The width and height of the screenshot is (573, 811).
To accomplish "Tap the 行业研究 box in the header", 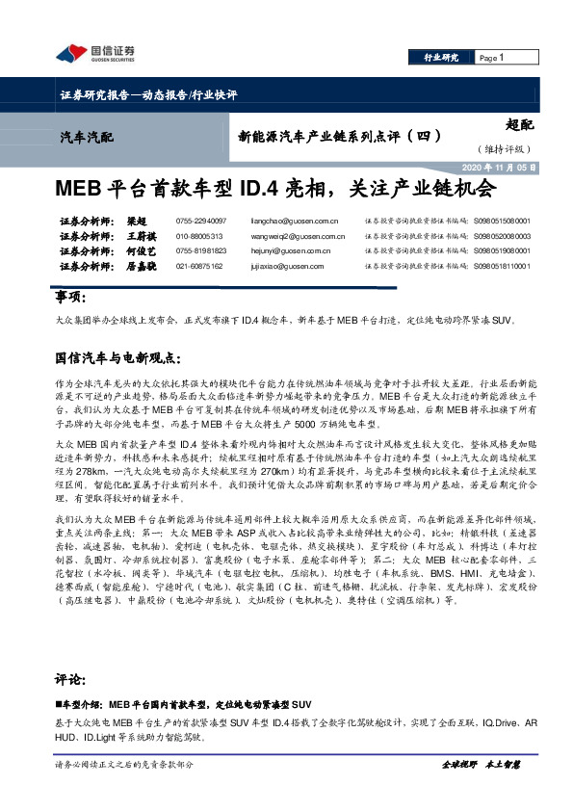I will (442, 59).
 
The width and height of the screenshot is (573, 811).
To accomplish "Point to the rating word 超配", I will (518, 124).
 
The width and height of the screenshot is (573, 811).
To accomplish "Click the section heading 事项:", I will (71, 297).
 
